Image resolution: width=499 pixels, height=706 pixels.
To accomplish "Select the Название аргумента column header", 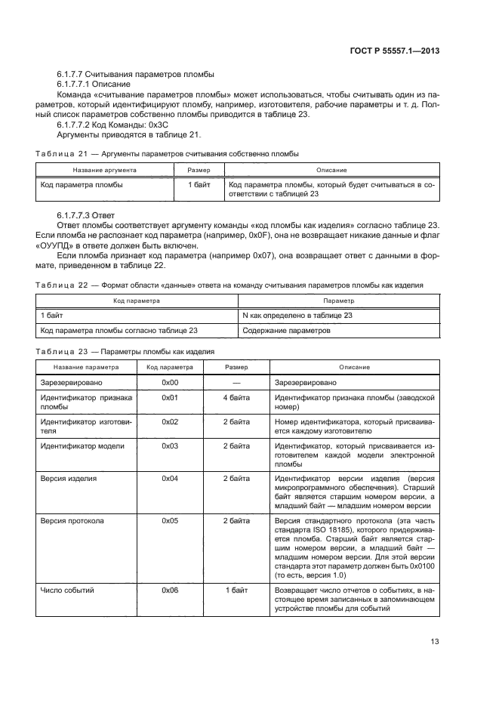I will [x=105, y=170].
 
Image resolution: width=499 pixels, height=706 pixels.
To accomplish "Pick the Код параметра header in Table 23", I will [x=170, y=367].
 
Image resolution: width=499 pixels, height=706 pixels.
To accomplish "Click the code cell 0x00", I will [x=170, y=383].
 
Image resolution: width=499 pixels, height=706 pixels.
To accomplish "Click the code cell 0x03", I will [x=170, y=446].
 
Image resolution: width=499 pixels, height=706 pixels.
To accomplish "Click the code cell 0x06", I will [x=170, y=590].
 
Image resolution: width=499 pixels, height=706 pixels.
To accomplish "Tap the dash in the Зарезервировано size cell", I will [x=236, y=383].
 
